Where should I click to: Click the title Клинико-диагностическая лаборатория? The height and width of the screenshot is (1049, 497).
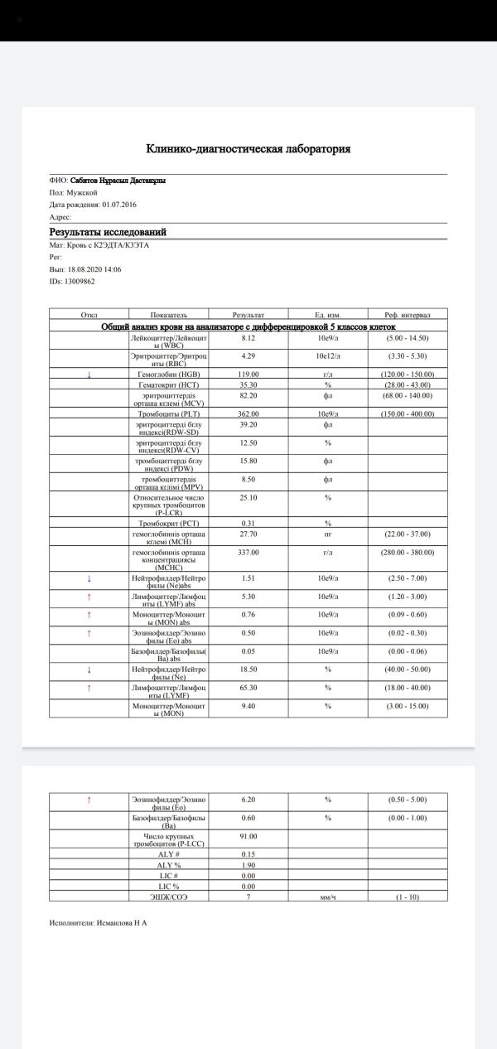[x=248, y=149]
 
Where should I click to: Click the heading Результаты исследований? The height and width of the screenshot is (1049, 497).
[x=108, y=233]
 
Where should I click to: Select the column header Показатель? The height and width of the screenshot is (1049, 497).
[x=169, y=315]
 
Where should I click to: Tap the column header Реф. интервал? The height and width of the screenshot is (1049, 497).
[x=408, y=315]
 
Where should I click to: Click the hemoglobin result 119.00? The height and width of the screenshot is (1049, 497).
[x=249, y=375]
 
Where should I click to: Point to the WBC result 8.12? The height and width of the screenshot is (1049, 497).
[x=248, y=339]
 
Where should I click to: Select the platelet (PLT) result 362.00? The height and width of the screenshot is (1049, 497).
[x=249, y=413]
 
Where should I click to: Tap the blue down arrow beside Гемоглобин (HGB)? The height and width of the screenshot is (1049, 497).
[x=89, y=375]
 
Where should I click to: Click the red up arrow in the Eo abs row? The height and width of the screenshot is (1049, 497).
[x=89, y=633]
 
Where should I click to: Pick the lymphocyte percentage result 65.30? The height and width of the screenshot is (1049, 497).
[x=248, y=688]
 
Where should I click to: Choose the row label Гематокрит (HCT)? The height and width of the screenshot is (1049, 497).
[x=169, y=384]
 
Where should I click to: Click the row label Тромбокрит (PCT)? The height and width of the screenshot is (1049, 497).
[x=169, y=523]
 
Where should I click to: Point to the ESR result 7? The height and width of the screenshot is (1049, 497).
[x=248, y=897]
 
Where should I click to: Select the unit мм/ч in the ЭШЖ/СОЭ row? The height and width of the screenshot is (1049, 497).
[x=328, y=897]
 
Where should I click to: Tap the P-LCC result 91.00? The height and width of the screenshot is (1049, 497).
[x=249, y=836]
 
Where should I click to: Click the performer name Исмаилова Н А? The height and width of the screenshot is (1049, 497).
[x=122, y=921]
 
